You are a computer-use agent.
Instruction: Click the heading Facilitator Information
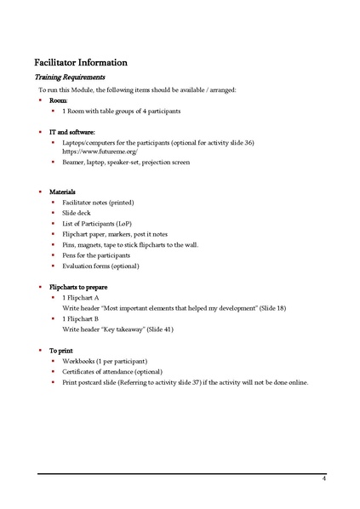click(81, 62)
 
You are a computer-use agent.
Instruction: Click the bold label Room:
click(59, 100)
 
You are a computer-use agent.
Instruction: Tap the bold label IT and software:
click(72, 132)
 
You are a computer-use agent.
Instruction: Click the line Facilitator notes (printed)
click(98, 203)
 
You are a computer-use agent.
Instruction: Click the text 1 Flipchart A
click(82, 299)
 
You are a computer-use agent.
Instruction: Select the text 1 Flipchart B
click(82, 318)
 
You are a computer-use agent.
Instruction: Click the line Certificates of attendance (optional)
click(112, 372)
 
